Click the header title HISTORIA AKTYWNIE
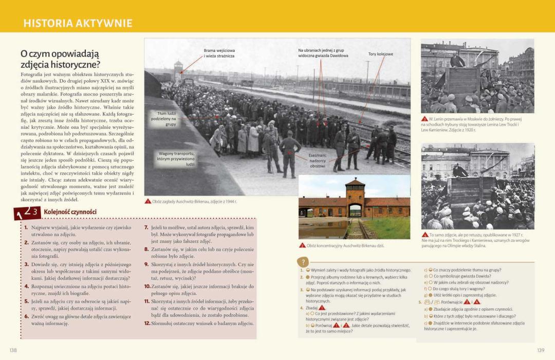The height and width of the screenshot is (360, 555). tap(78, 23)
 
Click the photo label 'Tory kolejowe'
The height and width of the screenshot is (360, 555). tap(380, 54)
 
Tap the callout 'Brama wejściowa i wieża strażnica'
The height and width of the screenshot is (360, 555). tap(219, 53)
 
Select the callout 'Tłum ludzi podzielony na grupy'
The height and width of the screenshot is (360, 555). tap(164, 118)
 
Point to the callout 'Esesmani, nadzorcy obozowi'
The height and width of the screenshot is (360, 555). tap(317, 160)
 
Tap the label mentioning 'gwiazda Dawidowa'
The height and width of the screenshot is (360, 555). tap(323, 53)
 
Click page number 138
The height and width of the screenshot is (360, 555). tap(13, 350)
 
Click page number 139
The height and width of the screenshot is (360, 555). tap(540, 350)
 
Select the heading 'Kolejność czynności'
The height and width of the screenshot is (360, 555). tap(70, 212)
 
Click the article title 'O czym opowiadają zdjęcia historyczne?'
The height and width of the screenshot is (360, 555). tap(60, 59)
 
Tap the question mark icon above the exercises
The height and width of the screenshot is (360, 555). tap(303, 261)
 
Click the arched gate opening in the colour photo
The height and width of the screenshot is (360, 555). tap(355, 210)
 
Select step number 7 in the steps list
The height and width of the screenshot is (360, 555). tap(146, 227)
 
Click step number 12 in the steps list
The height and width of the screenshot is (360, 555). tap(147, 323)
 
